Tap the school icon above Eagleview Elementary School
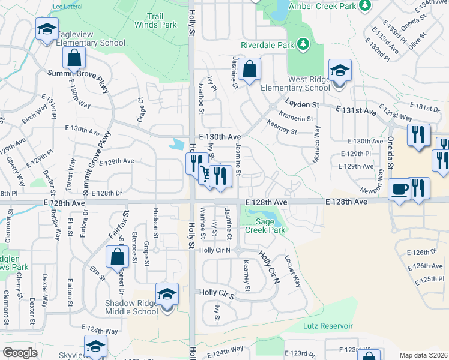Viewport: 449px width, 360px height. click(x=46, y=29)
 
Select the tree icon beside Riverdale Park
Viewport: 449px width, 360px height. click(x=304, y=44)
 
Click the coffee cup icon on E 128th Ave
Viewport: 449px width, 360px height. click(x=399, y=190)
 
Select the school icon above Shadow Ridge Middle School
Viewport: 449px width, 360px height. click(x=167, y=295)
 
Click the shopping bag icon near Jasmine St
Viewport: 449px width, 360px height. click(x=249, y=69)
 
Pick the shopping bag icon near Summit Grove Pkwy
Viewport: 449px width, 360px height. click(x=74, y=59)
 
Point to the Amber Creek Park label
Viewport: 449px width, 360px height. click(x=322, y=5)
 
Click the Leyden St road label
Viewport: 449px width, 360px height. click(x=301, y=104)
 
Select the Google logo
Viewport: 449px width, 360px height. click(x=20, y=353)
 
